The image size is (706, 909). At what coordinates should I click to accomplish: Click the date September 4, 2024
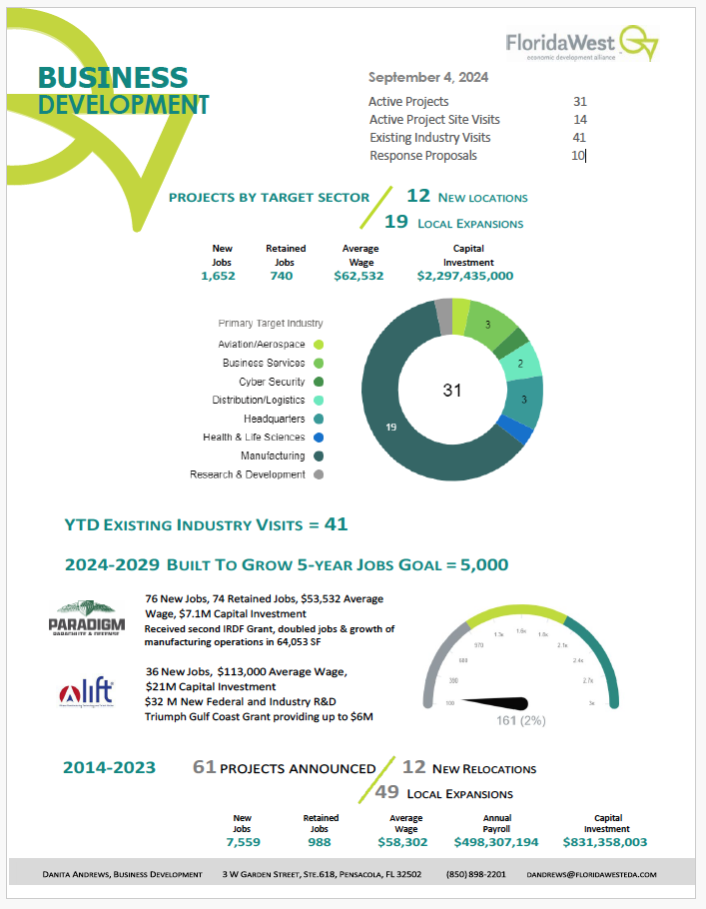428,77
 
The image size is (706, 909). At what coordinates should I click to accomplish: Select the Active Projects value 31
580,102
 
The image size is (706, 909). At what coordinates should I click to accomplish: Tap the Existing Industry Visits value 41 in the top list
580,138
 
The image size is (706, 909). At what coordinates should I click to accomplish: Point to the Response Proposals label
423,156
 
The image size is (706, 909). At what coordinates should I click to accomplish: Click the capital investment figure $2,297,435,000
465,276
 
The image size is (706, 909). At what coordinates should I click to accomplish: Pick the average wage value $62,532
358,276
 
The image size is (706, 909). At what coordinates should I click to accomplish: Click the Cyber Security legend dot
319,382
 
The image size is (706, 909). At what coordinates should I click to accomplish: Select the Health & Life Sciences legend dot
319,438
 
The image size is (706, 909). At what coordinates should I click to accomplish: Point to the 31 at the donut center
452,391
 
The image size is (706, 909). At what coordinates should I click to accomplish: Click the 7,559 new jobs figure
242,842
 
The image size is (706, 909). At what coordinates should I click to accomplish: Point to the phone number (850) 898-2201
477,874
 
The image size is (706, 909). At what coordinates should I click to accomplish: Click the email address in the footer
591,874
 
